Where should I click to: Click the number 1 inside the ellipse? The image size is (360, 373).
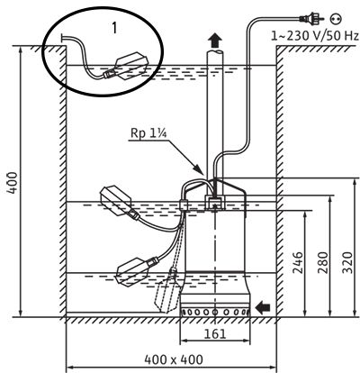click(x=114, y=28)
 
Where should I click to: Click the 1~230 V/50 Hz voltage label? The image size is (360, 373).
click(x=315, y=36)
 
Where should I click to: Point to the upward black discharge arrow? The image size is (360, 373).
click(x=215, y=41)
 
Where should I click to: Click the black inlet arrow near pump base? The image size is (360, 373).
click(x=263, y=307)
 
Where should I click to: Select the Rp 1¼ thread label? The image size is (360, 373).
click(x=148, y=134)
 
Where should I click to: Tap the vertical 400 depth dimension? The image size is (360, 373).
click(x=13, y=183)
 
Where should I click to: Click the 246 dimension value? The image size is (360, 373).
click(x=298, y=263)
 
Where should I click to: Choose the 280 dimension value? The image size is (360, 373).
click(x=323, y=263)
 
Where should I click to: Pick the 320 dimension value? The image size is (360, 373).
click(x=347, y=263)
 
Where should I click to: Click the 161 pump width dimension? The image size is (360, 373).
click(x=215, y=333)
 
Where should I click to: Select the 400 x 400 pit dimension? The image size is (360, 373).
click(x=174, y=359)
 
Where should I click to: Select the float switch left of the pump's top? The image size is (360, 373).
click(x=120, y=203)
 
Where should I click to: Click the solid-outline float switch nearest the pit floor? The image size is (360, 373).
click(x=135, y=270)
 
